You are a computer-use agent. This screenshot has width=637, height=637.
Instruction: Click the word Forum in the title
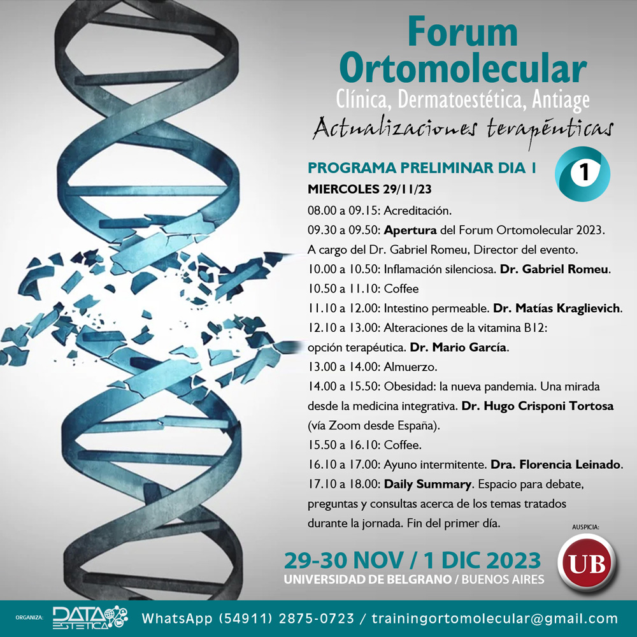click(462, 32)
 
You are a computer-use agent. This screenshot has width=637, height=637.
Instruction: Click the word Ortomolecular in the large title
click(463, 68)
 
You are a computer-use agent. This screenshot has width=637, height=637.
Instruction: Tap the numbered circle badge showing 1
click(583, 173)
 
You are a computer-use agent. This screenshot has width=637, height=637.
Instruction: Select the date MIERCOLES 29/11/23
click(369, 189)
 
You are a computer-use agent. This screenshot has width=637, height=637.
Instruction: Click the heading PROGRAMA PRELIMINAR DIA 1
click(422, 168)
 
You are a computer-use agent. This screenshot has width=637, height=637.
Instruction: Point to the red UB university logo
click(587, 563)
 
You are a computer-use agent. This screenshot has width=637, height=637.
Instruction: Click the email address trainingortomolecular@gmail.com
click(494, 619)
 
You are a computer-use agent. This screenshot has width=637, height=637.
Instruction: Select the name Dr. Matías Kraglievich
click(557, 308)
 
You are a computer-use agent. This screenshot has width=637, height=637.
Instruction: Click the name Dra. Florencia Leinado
click(555, 464)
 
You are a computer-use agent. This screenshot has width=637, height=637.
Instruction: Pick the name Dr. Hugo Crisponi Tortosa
click(538, 406)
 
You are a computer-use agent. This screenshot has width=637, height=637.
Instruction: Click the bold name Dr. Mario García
click(458, 347)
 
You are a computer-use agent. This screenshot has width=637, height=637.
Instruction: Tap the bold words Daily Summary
click(427, 484)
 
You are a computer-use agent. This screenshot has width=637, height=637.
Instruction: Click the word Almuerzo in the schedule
click(409, 367)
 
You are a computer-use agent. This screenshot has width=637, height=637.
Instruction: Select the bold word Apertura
click(410, 231)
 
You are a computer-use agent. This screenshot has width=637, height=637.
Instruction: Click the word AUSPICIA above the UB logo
click(585, 527)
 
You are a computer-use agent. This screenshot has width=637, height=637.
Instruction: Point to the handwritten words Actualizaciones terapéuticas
click(462, 129)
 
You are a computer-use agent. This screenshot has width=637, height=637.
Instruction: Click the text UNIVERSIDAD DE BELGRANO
click(368, 579)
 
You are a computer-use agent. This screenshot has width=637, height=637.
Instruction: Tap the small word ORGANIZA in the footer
click(29, 618)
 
